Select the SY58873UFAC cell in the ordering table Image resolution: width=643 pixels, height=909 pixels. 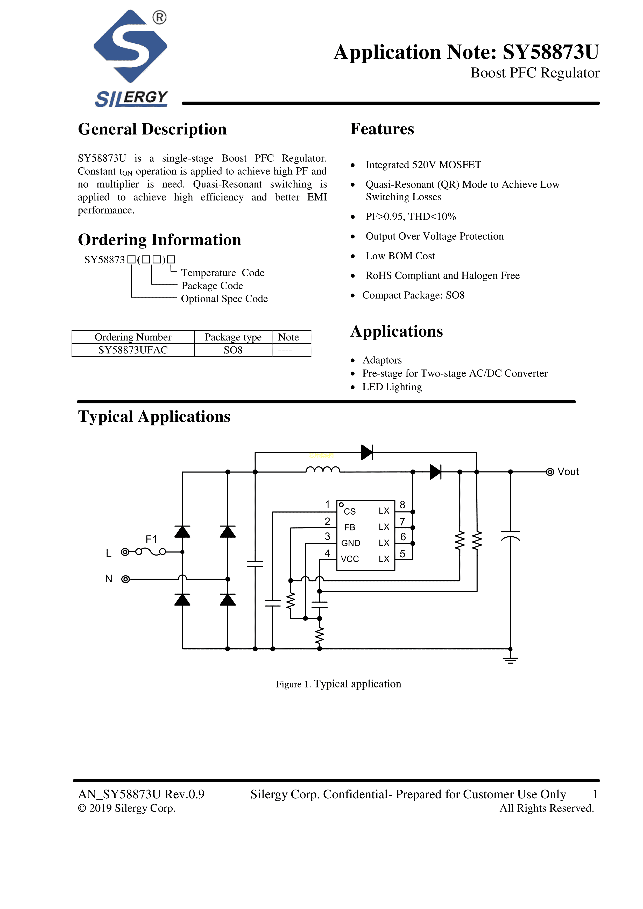point(133,350)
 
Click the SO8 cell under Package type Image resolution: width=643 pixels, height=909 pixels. point(233,350)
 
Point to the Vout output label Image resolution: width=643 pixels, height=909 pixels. point(568,472)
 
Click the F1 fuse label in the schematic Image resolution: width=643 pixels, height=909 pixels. point(151,539)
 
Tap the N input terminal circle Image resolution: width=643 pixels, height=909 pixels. point(125,579)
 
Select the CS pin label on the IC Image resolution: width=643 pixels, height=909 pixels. point(350,512)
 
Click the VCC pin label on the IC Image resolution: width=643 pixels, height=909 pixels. point(350,559)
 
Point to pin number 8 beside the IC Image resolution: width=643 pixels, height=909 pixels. point(402,505)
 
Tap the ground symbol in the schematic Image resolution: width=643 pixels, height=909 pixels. point(510,660)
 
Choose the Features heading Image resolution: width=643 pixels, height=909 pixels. point(382,129)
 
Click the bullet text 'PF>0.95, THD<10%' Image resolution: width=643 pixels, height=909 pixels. point(411,217)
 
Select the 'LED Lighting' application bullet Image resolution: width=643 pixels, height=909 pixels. point(392,387)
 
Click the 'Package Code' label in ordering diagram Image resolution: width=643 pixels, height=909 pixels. point(212,286)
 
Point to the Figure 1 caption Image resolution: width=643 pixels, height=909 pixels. point(338,684)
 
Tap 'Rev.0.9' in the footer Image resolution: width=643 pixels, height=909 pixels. point(185,794)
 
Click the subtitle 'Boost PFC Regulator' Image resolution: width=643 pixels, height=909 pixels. point(534,73)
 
